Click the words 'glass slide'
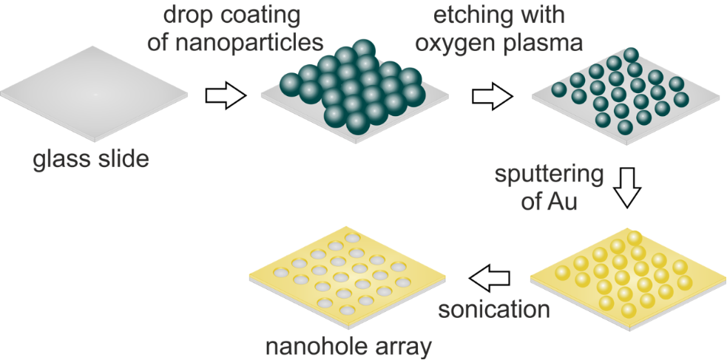[x=91, y=158]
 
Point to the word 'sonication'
[x=494, y=308]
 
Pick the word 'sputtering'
[x=550, y=176]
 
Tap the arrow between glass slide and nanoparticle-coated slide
[x=225, y=95]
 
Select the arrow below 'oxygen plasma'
[x=494, y=95]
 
